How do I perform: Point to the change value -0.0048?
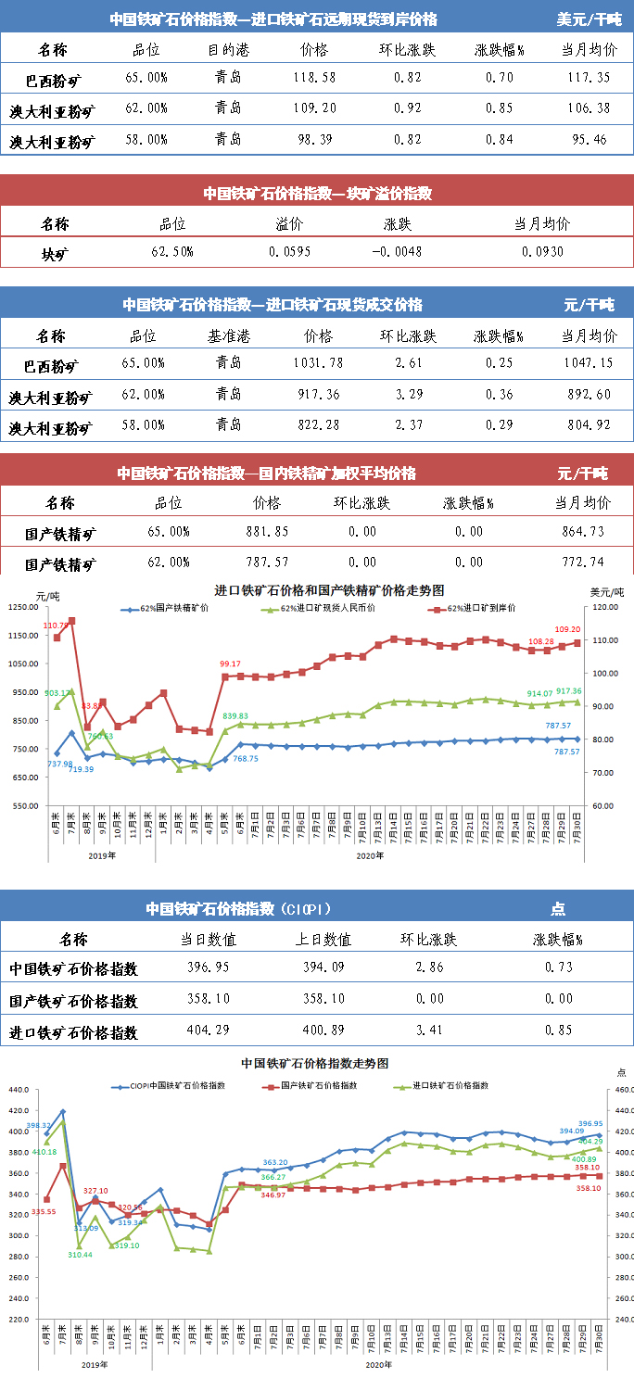click(398, 252)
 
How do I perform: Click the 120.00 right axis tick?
click(602, 608)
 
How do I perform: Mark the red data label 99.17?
click(231, 664)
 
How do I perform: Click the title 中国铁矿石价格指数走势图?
click(314, 1063)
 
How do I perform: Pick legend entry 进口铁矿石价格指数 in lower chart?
click(455, 1085)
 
